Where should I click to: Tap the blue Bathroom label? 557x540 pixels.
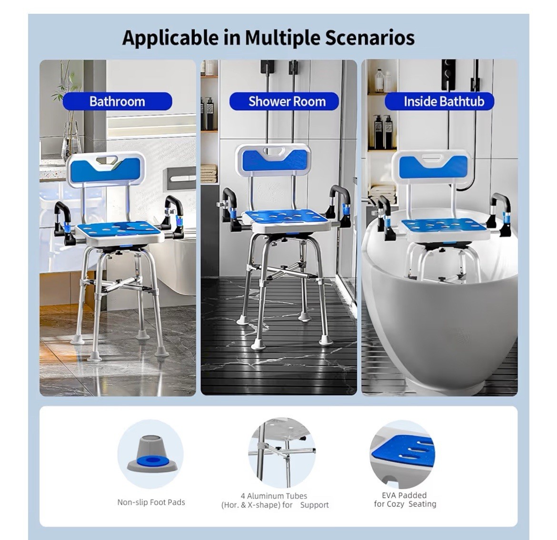pyautogui.click(x=117, y=101)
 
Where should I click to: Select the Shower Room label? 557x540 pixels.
pyautogui.click(x=287, y=101)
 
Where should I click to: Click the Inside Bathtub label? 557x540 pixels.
pyautogui.click(x=444, y=101)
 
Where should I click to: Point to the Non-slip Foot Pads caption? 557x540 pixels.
pyautogui.click(x=151, y=502)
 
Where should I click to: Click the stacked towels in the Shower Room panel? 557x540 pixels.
pyautogui.click(x=209, y=174)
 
